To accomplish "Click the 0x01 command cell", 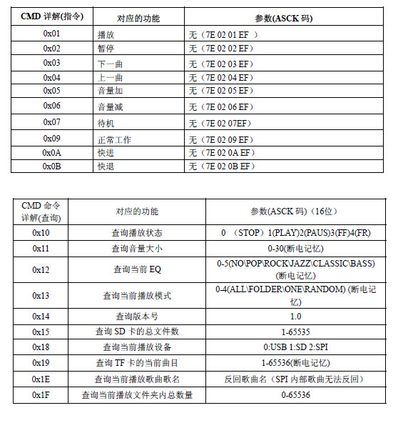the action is pyautogui.click(x=52, y=34).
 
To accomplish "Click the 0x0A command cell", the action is pyautogui.click(x=52, y=153).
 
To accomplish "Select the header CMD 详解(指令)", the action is pyautogui.click(x=51, y=17).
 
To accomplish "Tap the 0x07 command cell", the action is pyautogui.click(x=52, y=122).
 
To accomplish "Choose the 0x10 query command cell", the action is pyautogui.click(x=41, y=233).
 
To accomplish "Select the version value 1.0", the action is pyautogui.click(x=295, y=316).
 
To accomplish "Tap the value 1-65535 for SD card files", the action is pyautogui.click(x=295, y=332).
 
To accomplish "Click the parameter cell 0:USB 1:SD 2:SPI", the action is pyautogui.click(x=295, y=347).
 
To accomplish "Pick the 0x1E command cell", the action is pyautogui.click(x=41, y=379).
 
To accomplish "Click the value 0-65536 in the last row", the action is pyautogui.click(x=295, y=394).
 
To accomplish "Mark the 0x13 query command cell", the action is pyautogui.click(x=41, y=295).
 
